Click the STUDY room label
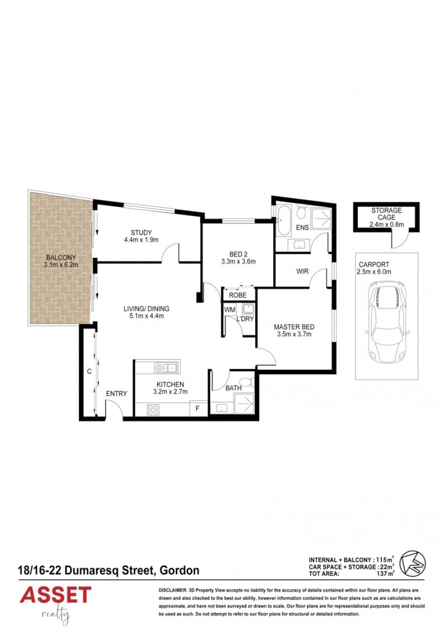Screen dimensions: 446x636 click(142, 232)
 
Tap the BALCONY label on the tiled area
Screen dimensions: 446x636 click(61, 257)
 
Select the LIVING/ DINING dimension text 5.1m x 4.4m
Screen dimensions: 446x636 click(146, 316)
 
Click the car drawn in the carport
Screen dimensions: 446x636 click(387, 321)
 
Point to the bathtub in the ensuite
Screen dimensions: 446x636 click(284, 221)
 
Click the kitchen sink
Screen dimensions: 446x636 click(167, 368)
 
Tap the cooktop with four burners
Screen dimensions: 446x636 click(153, 409)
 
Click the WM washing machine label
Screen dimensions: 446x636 click(230, 310)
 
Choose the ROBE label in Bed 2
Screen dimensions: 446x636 click(237, 295)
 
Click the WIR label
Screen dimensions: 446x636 click(302, 271)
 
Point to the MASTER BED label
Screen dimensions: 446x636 click(294, 327)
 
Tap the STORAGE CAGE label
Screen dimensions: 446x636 click(386, 214)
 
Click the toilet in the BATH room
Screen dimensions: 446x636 click(246, 382)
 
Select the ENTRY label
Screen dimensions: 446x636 click(117, 393)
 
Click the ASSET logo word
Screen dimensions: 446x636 click(55, 595)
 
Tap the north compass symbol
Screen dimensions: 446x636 click(413, 563)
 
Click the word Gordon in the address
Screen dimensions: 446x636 click(180, 571)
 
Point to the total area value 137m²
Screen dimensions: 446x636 click(385, 574)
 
